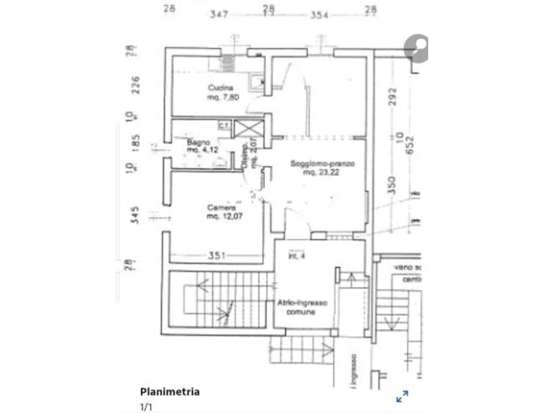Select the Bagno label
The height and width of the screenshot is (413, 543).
198,143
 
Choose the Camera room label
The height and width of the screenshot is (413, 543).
221,208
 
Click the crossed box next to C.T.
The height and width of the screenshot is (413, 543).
247,128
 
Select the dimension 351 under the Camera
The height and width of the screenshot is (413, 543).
219,256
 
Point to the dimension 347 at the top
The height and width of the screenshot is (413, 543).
220,14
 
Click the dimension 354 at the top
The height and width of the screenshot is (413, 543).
318,14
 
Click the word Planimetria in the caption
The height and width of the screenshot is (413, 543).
169,391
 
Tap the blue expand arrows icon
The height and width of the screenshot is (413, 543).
402,395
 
